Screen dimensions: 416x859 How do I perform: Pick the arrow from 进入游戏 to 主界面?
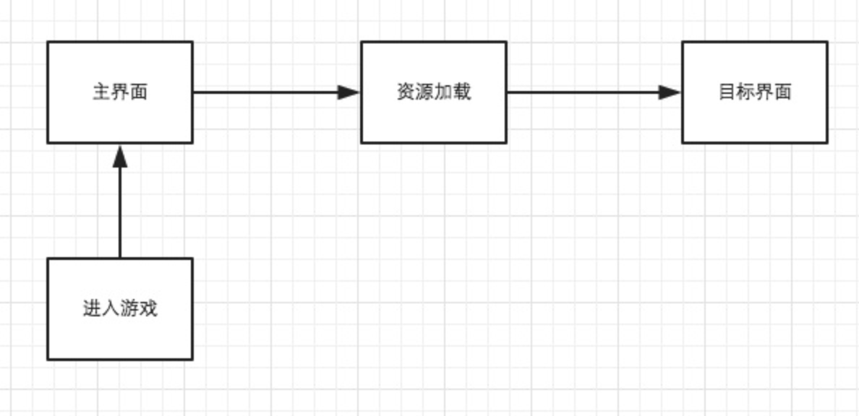(120, 209)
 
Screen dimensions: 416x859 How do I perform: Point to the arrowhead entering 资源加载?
(350, 92)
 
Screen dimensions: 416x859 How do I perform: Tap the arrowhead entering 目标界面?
(670, 92)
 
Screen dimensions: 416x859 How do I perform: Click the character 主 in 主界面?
(101, 92)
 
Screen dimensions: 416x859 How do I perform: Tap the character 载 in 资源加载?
(462, 92)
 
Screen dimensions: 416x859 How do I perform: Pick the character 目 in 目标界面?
(727, 92)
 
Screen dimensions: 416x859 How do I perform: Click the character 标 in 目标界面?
(745, 92)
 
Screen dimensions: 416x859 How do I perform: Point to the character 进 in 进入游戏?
(92, 309)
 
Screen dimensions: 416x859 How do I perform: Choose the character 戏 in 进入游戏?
(148, 309)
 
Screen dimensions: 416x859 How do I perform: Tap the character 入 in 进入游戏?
(111, 309)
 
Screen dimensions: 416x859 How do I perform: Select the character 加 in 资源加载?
(443, 92)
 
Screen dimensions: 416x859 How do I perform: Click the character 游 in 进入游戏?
(129, 309)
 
